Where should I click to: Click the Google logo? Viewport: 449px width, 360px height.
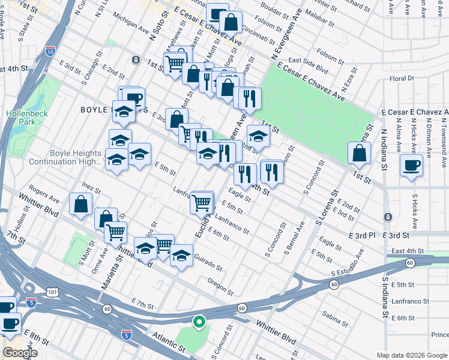[20, 353]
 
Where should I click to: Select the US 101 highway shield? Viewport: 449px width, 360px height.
[47, 290]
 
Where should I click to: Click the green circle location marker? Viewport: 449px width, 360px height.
[199, 322]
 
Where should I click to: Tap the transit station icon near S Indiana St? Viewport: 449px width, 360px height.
[388, 216]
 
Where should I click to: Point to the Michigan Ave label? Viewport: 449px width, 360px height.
[130, 24]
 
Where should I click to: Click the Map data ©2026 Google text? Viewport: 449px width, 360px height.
[411, 355]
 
